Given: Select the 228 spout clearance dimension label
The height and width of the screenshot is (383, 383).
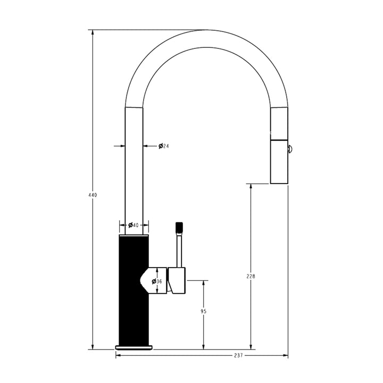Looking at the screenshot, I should (251, 276).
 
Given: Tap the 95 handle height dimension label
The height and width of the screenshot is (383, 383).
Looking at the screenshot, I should (203, 312).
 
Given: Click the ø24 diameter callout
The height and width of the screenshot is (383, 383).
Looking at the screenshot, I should (163, 146).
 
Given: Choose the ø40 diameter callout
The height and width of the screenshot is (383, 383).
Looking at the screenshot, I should (133, 225).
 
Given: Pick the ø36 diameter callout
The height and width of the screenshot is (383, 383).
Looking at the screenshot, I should (157, 281).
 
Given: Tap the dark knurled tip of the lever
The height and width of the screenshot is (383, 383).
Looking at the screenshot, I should (179, 227).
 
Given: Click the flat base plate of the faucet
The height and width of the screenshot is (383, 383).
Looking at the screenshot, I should (134, 347).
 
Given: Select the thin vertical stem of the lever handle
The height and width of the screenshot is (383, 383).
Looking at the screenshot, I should (179, 250).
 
